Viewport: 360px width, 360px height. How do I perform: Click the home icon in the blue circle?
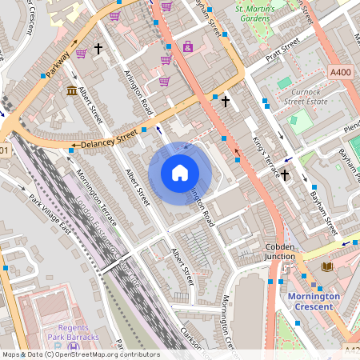(x=180, y=173)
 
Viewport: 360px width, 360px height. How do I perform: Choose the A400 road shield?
(x=341, y=72)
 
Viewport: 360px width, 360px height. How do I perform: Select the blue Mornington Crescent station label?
(x=313, y=301)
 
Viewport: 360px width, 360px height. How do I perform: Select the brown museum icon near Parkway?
(x=71, y=89)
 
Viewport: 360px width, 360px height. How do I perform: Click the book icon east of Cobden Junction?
(x=326, y=266)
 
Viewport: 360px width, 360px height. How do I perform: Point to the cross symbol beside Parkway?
(x=99, y=49)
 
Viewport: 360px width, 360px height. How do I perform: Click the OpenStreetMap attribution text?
(x=80, y=354)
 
